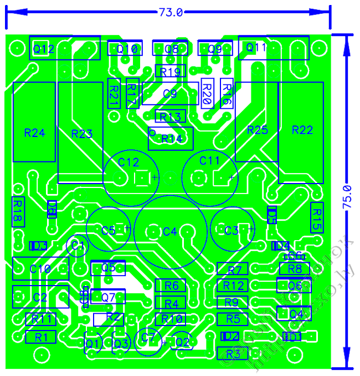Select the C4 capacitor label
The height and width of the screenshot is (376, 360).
click(x=169, y=231)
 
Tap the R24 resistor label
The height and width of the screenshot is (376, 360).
click(x=34, y=133)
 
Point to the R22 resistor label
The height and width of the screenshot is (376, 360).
click(x=302, y=130)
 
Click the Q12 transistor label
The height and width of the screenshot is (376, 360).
click(x=43, y=49)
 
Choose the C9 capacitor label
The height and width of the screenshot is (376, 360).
click(x=169, y=94)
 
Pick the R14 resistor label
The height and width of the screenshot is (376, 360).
click(x=172, y=139)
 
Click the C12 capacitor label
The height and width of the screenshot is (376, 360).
click(x=128, y=162)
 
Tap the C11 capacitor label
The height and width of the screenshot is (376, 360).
click(x=209, y=160)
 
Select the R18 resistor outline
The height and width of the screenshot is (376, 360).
click(x=17, y=211)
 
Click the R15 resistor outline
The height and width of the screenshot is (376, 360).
click(x=316, y=217)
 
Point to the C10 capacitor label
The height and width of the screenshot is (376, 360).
click(x=40, y=268)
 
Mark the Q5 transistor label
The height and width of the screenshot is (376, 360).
click(x=109, y=268)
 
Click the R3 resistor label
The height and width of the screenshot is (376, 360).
click(x=233, y=353)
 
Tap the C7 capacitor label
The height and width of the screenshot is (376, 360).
click(x=148, y=337)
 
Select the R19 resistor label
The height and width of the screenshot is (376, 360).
click(x=171, y=72)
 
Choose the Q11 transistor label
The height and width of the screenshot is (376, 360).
click(x=256, y=48)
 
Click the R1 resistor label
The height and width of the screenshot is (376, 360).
click(x=41, y=337)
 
